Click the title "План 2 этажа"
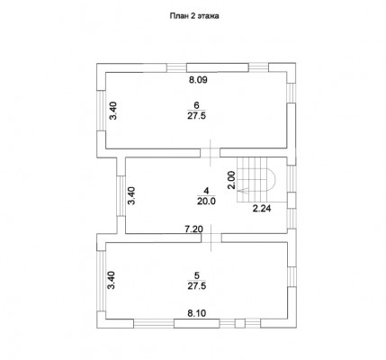point(194,16)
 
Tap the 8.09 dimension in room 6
point(198,80)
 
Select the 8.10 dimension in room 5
point(197,313)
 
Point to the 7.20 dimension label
point(193,229)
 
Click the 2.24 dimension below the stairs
point(262,209)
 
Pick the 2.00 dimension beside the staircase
point(231,180)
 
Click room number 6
point(197,105)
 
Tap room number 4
point(206,191)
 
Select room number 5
point(197,275)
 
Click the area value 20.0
point(206,202)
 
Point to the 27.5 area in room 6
point(197,116)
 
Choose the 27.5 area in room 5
point(197,286)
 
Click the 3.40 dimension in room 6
point(113,111)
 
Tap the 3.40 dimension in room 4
point(132,195)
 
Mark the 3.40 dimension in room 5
point(112,280)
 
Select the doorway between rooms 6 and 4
point(211,152)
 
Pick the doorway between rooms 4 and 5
point(211,238)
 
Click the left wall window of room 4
point(121,195)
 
